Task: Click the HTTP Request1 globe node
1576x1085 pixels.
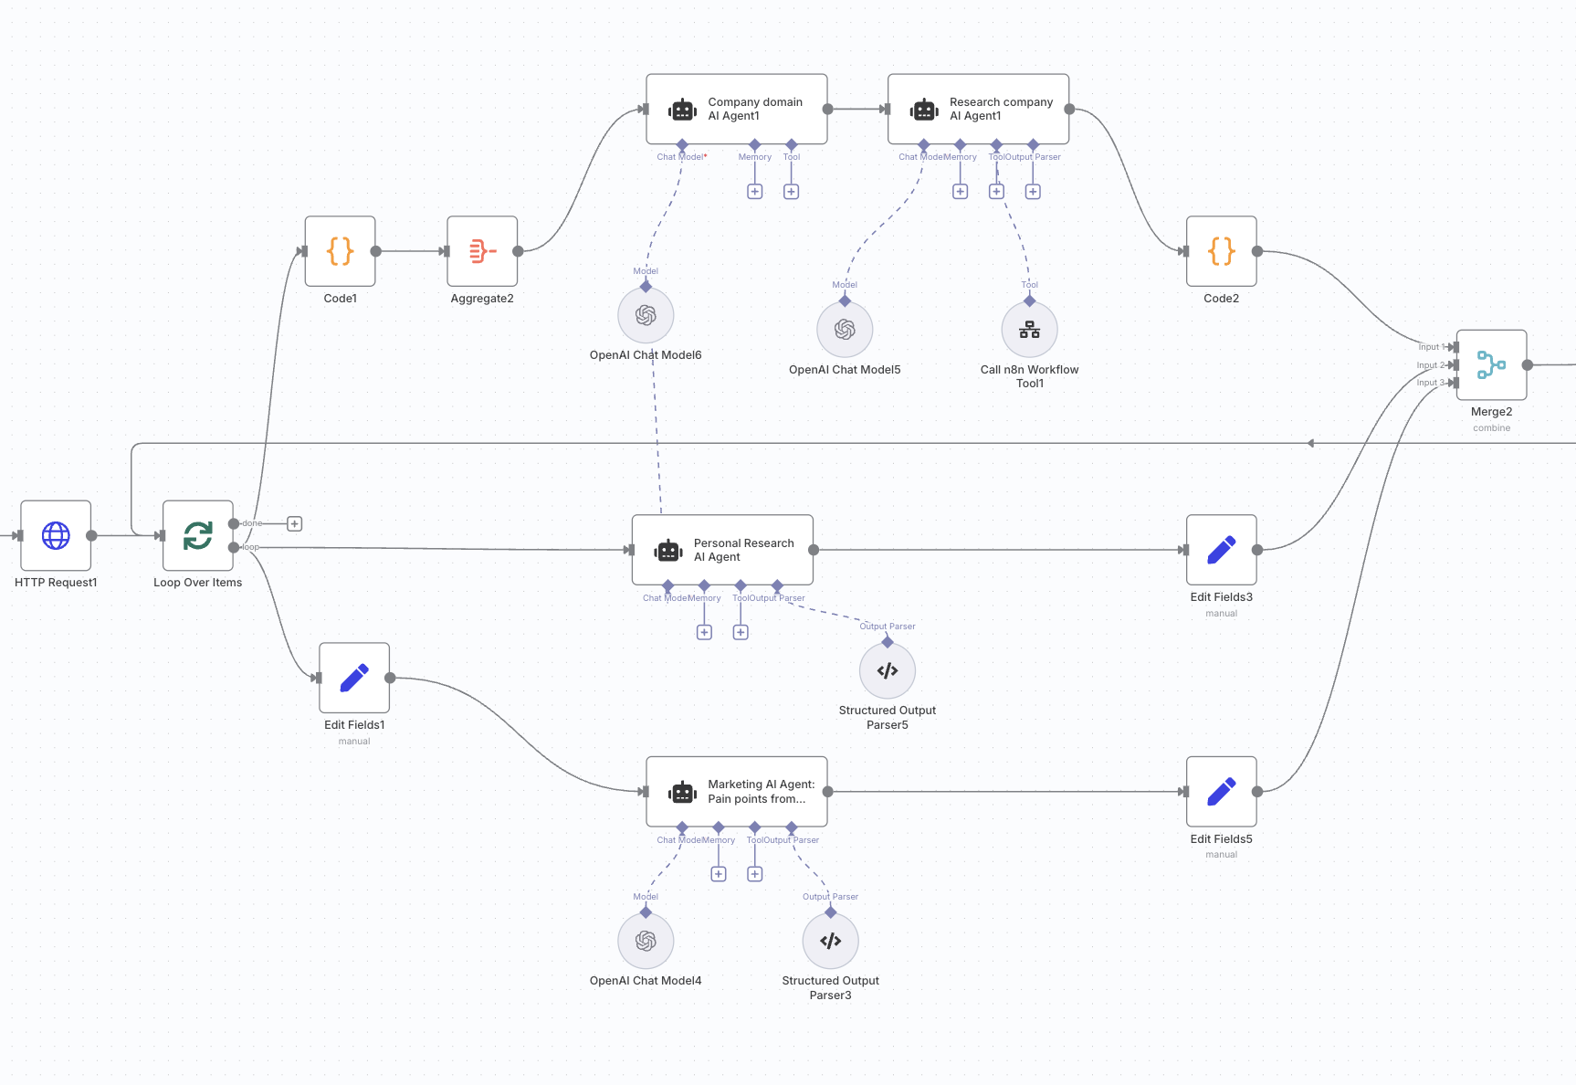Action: [x=56, y=535]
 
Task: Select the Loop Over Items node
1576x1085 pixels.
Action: [x=198, y=535]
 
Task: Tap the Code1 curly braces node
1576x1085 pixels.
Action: [x=341, y=251]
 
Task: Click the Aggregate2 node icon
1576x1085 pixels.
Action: [x=482, y=251]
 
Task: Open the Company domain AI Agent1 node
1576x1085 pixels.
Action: [x=736, y=110]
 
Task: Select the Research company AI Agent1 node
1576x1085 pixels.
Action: [x=978, y=110]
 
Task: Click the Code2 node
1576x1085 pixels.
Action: [x=1222, y=251]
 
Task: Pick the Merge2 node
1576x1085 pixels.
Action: [x=1491, y=365]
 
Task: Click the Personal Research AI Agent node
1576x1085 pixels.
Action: [x=722, y=550]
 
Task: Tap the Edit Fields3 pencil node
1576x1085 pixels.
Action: [x=1222, y=550]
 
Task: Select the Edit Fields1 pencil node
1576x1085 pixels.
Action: [x=354, y=678]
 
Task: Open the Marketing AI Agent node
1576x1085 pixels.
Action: [x=736, y=792]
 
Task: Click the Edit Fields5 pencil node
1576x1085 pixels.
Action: [x=1222, y=792]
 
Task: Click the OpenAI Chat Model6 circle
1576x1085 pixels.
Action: [x=646, y=316]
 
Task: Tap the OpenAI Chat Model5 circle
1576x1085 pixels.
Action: [x=845, y=330]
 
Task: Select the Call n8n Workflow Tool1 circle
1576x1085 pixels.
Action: [x=1029, y=330]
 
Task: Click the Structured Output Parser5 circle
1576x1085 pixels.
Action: [x=888, y=671]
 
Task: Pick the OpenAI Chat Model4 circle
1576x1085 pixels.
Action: [x=646, y=942]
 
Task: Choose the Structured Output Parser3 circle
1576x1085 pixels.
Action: [x=830, y=942]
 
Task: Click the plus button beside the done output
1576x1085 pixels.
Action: [x=294, y=523]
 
